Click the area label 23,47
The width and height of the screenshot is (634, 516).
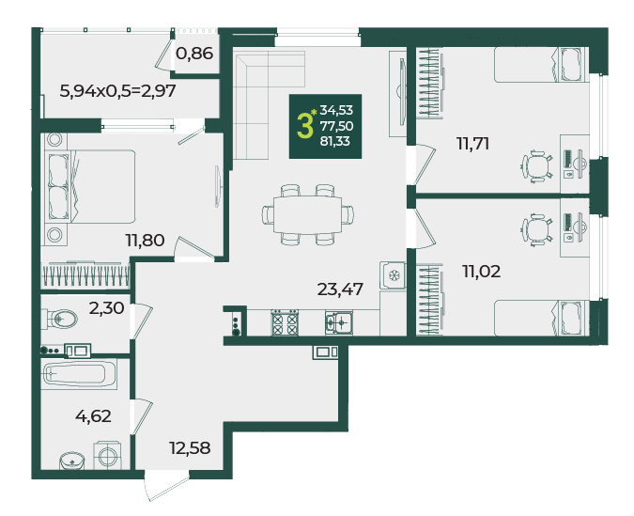click(x=340, y=289)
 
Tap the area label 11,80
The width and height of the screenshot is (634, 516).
click(x=145, y=241)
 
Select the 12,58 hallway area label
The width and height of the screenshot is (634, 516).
click(x=190, y=448)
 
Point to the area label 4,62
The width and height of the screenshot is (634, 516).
click(x=93, y=416)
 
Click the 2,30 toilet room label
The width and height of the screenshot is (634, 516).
click(x=106, y=308)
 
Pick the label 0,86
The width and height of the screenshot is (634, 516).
click(x=194, y=54)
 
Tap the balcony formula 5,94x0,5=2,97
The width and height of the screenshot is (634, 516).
click(x=117, y=91)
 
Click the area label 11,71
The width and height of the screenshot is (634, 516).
click(x=472, y=144)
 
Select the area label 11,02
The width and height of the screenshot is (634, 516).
click(x=481, y=271)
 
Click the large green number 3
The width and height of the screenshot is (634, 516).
click(x=304, y=126)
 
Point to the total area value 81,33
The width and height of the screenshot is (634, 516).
click(x=334, y=141)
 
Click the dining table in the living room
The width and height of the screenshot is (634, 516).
click(x=308, y=214)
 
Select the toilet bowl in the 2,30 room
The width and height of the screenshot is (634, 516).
click(x=62, y=319)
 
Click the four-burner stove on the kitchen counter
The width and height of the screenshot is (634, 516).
click(x=285, y=322)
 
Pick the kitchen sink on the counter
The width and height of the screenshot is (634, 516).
click(x=339, y=323)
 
